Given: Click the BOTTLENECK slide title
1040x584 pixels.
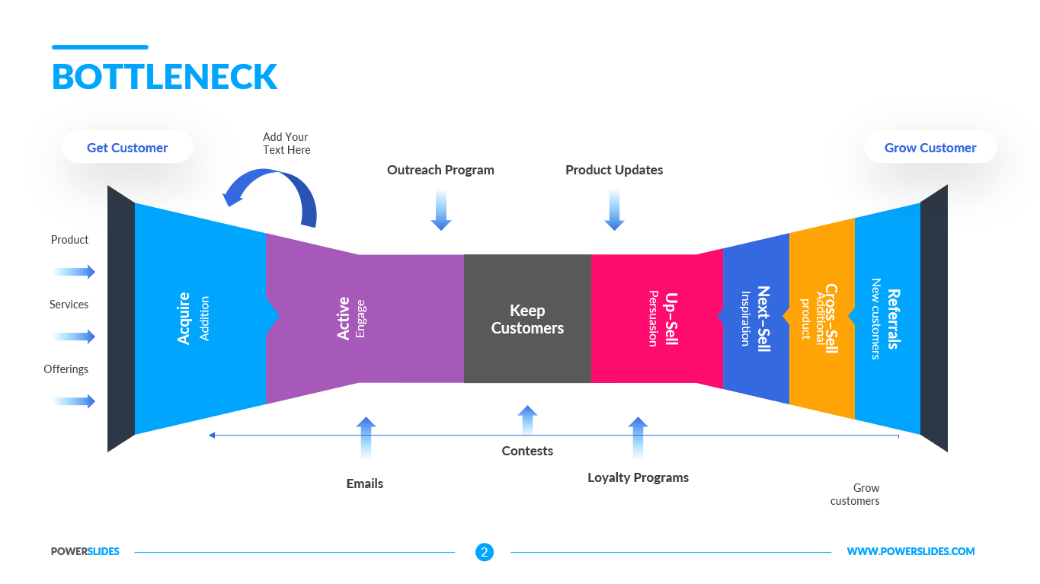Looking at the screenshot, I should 165,77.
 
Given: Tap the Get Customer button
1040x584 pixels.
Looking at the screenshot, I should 127,148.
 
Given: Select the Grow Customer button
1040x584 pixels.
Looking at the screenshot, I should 930,148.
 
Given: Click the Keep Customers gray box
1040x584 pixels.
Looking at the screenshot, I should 527,319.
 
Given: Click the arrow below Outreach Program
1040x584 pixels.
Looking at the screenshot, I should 441,210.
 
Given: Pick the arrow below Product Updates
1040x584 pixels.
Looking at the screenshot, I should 614,210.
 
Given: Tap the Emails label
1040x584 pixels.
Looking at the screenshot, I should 365,483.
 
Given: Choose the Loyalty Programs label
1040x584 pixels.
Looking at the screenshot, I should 638,477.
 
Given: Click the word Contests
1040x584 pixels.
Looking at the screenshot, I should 527,451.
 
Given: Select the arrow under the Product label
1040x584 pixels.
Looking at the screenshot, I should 75,272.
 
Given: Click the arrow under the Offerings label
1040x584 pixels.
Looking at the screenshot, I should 75,401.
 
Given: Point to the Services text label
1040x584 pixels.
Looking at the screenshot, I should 69,305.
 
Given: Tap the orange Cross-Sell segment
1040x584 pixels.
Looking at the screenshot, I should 821,318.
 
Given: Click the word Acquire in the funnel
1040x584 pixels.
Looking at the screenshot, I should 184,318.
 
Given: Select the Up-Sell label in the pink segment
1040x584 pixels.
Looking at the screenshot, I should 671,318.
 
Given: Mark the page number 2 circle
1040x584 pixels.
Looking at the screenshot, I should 485,552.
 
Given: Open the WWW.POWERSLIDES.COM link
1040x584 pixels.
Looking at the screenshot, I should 910,552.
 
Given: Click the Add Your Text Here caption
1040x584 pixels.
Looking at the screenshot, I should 286,143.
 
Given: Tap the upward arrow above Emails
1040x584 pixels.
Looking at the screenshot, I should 366,436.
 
